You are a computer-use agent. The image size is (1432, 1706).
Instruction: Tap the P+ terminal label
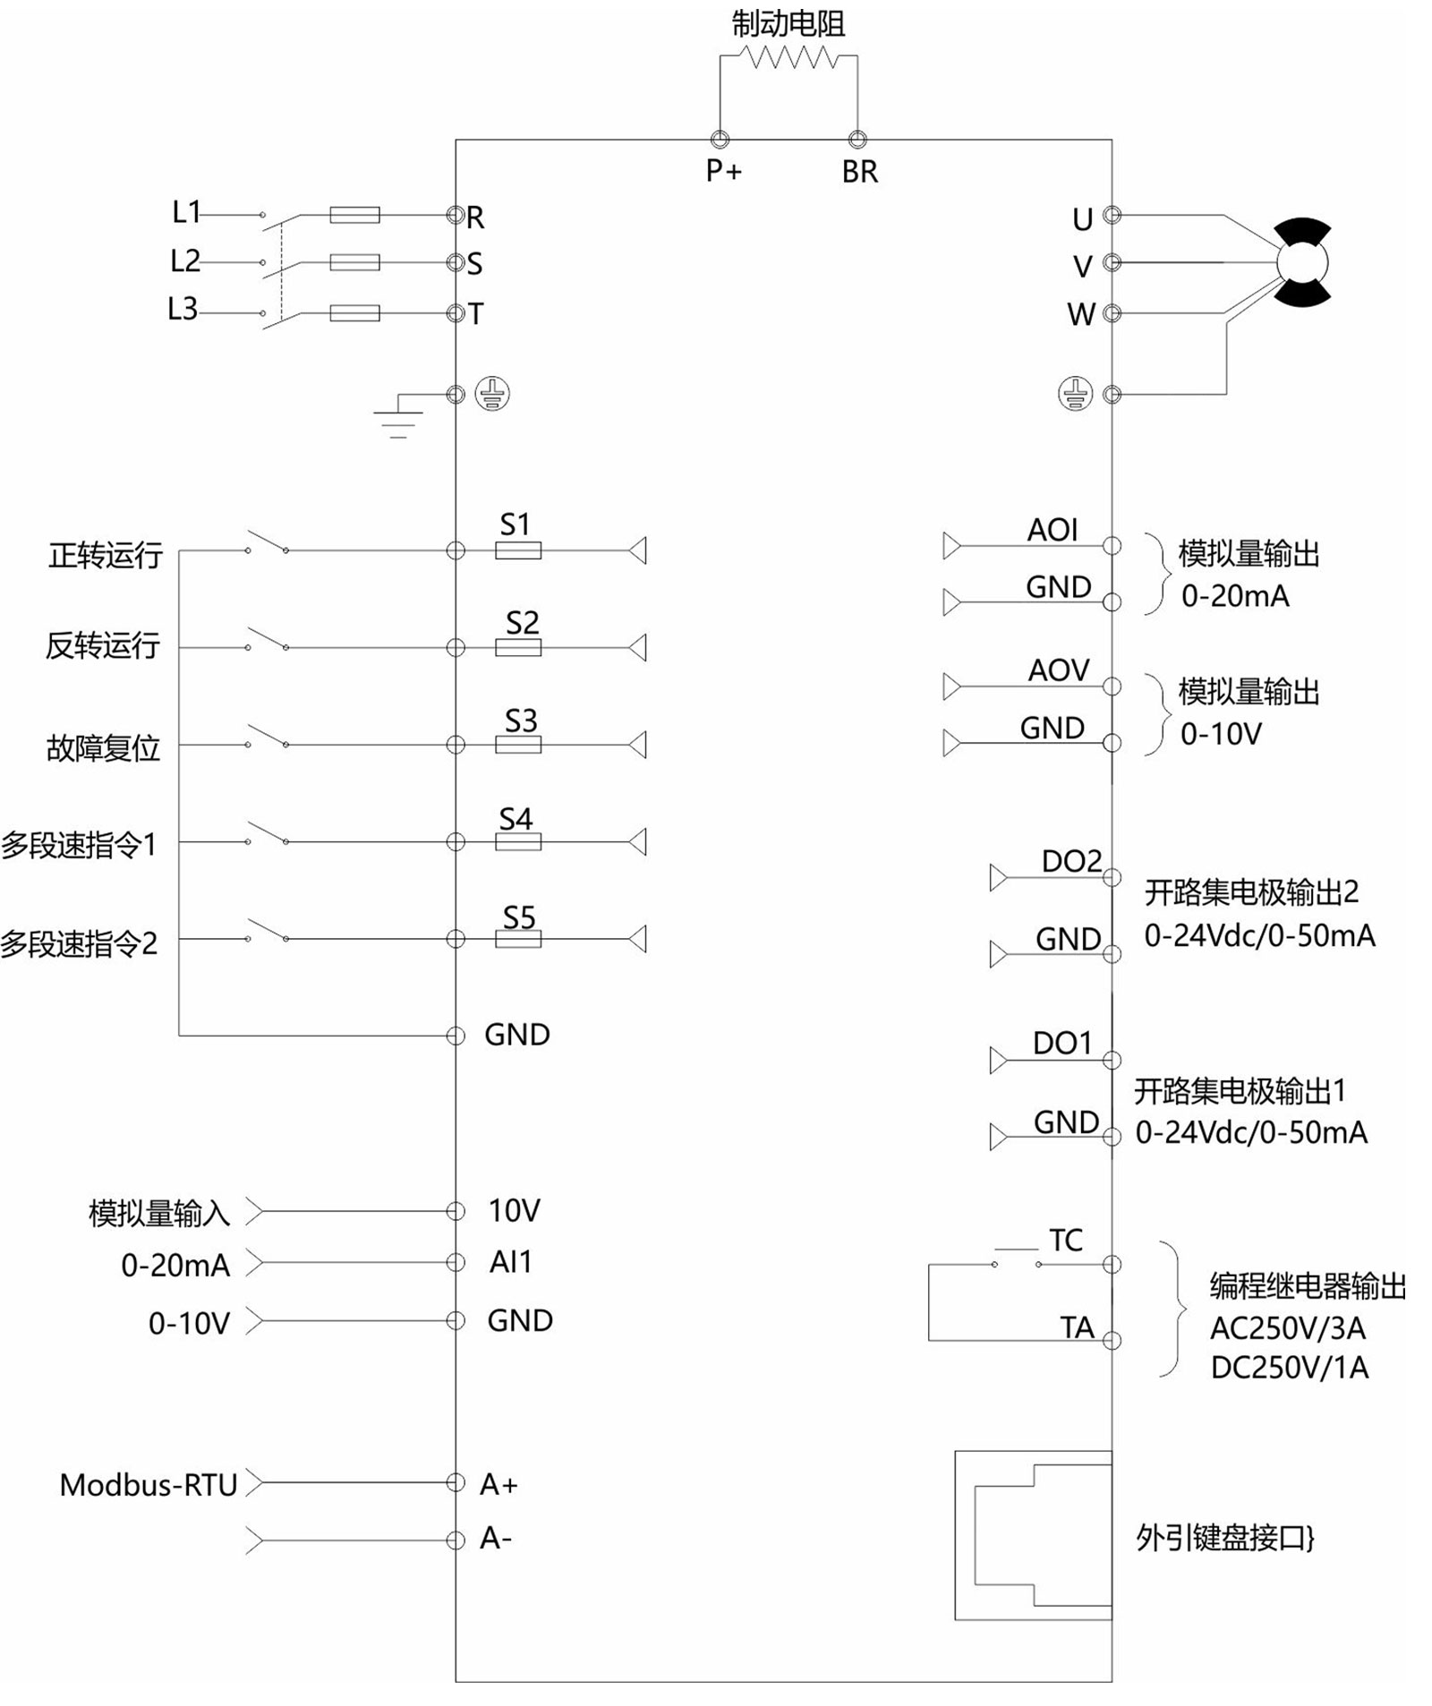(723, 170)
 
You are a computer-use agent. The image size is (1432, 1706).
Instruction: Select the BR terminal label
(859, 172)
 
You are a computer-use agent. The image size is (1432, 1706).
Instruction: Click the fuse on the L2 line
(354, 262)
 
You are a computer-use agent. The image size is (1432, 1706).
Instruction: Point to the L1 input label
(186, 212)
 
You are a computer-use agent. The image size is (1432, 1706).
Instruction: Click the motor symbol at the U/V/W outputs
(1302, 262)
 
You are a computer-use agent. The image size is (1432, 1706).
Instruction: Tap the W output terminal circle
(1112, 312)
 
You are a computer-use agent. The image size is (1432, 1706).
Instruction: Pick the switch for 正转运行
(267, 542)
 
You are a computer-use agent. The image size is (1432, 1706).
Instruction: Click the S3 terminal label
(520, 721)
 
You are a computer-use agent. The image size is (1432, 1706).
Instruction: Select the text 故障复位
(103, 747)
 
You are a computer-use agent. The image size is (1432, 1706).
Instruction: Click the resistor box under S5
(518, 939)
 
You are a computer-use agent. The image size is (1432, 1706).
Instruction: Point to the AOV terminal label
(1059, 670)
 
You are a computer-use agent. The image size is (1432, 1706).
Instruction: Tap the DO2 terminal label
(1071, 861)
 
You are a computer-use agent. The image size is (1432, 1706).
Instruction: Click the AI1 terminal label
(511, 1262)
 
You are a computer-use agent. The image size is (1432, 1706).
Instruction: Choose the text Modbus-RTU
(149, 1485)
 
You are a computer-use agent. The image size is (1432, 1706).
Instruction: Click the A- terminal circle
(456, 1540)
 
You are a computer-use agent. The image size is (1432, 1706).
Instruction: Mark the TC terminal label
(1066, 1241)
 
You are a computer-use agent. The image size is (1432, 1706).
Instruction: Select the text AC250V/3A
(1287, 1328)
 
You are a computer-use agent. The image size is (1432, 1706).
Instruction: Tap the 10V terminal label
(514, 1210)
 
